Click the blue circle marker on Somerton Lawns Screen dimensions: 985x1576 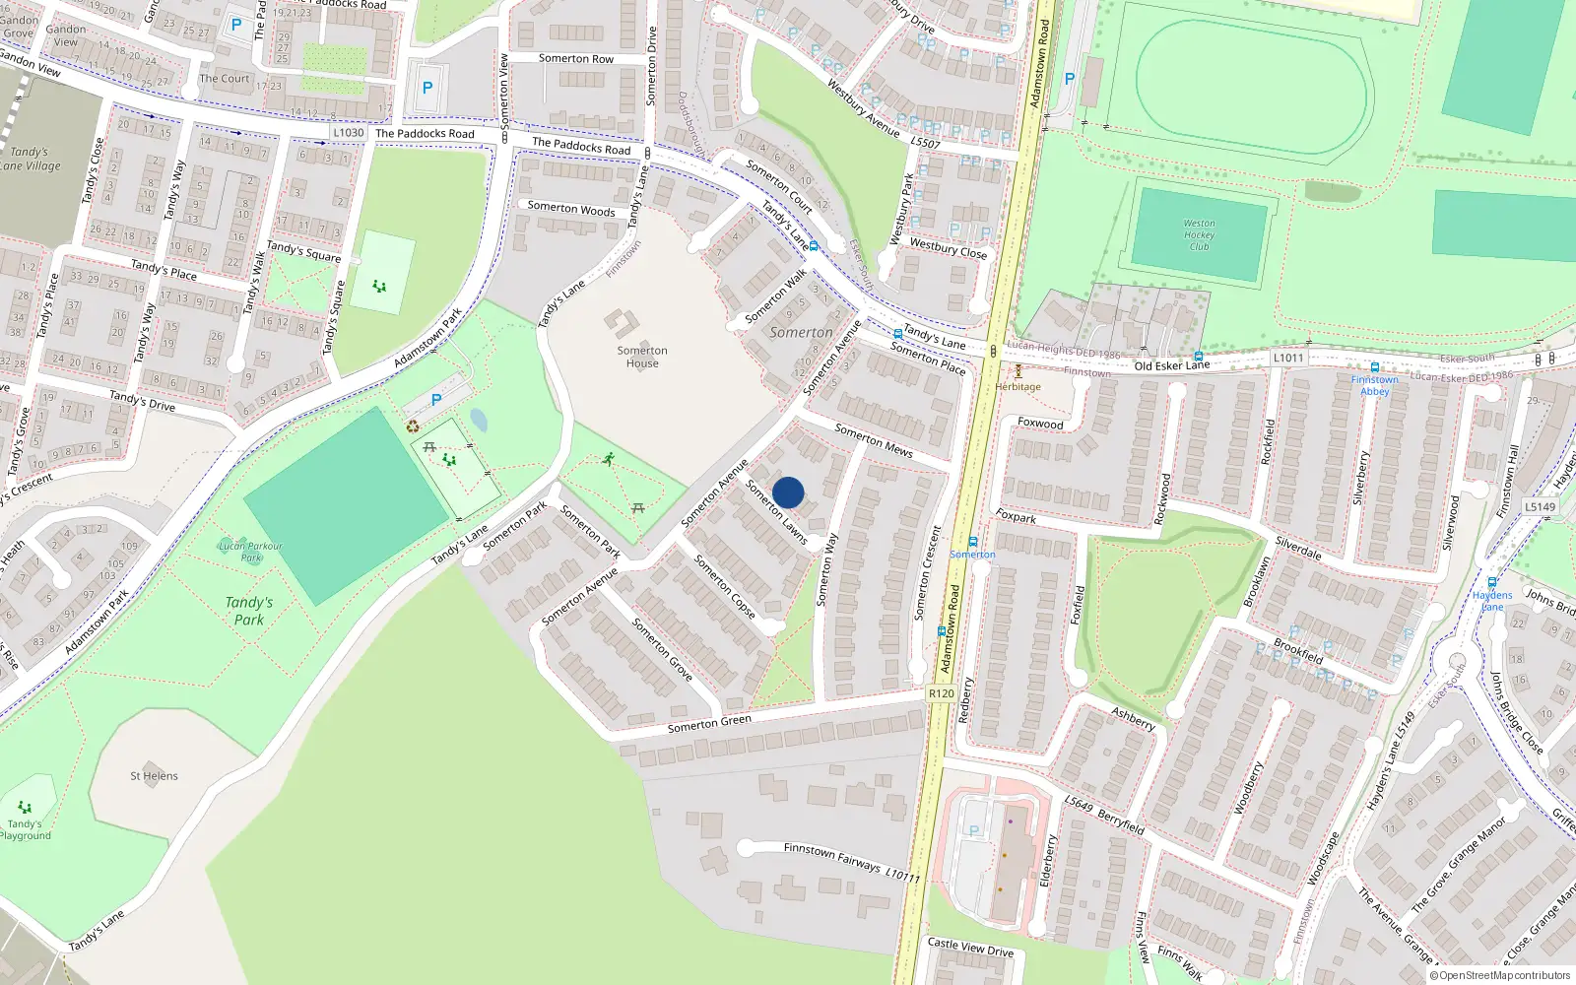(788, 492)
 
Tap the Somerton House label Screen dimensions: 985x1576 (642, 357)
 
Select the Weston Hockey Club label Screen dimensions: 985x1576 (1199, 235)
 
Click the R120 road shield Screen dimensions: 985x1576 (941, 693)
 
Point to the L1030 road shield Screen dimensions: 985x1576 (348, 132)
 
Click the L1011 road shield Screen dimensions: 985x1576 (1287, 358)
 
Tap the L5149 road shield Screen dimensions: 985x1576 (1540, 507)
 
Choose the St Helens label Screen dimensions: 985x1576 (154, 776)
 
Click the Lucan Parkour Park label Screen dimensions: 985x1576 (250, 552)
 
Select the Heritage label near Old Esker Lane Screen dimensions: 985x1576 (1018, 386)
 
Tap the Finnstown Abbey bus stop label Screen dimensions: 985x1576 (1374, 385)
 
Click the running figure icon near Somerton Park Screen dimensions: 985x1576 (609, 459)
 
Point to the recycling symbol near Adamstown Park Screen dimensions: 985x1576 (413, 427)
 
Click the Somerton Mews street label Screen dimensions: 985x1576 (873, 440)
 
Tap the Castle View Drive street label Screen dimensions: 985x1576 (970, 947)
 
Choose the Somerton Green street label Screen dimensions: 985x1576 (709, 723)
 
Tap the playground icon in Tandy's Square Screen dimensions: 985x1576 (379, 287)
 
